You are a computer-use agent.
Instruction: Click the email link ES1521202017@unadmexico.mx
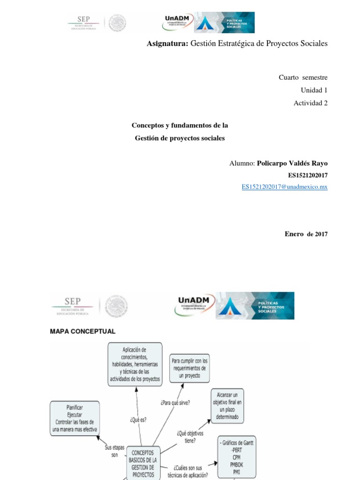(x=285, y=187)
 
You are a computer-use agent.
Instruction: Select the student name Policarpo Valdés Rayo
(x=292, y=163)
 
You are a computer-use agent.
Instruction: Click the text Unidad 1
(x=314, y=90)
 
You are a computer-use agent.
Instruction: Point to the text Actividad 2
(x=310, y=103)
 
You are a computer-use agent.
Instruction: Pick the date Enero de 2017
(x=306, y=234)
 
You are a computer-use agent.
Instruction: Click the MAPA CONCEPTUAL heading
(x=82, y=331)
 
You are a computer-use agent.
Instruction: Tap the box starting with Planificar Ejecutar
(x=75, y=418)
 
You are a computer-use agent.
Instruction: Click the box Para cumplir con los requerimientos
(x=189, y=368)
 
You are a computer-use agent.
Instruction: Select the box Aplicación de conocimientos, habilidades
(x=135, y=364)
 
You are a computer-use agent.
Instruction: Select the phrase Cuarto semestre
(x=303, y=77)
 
